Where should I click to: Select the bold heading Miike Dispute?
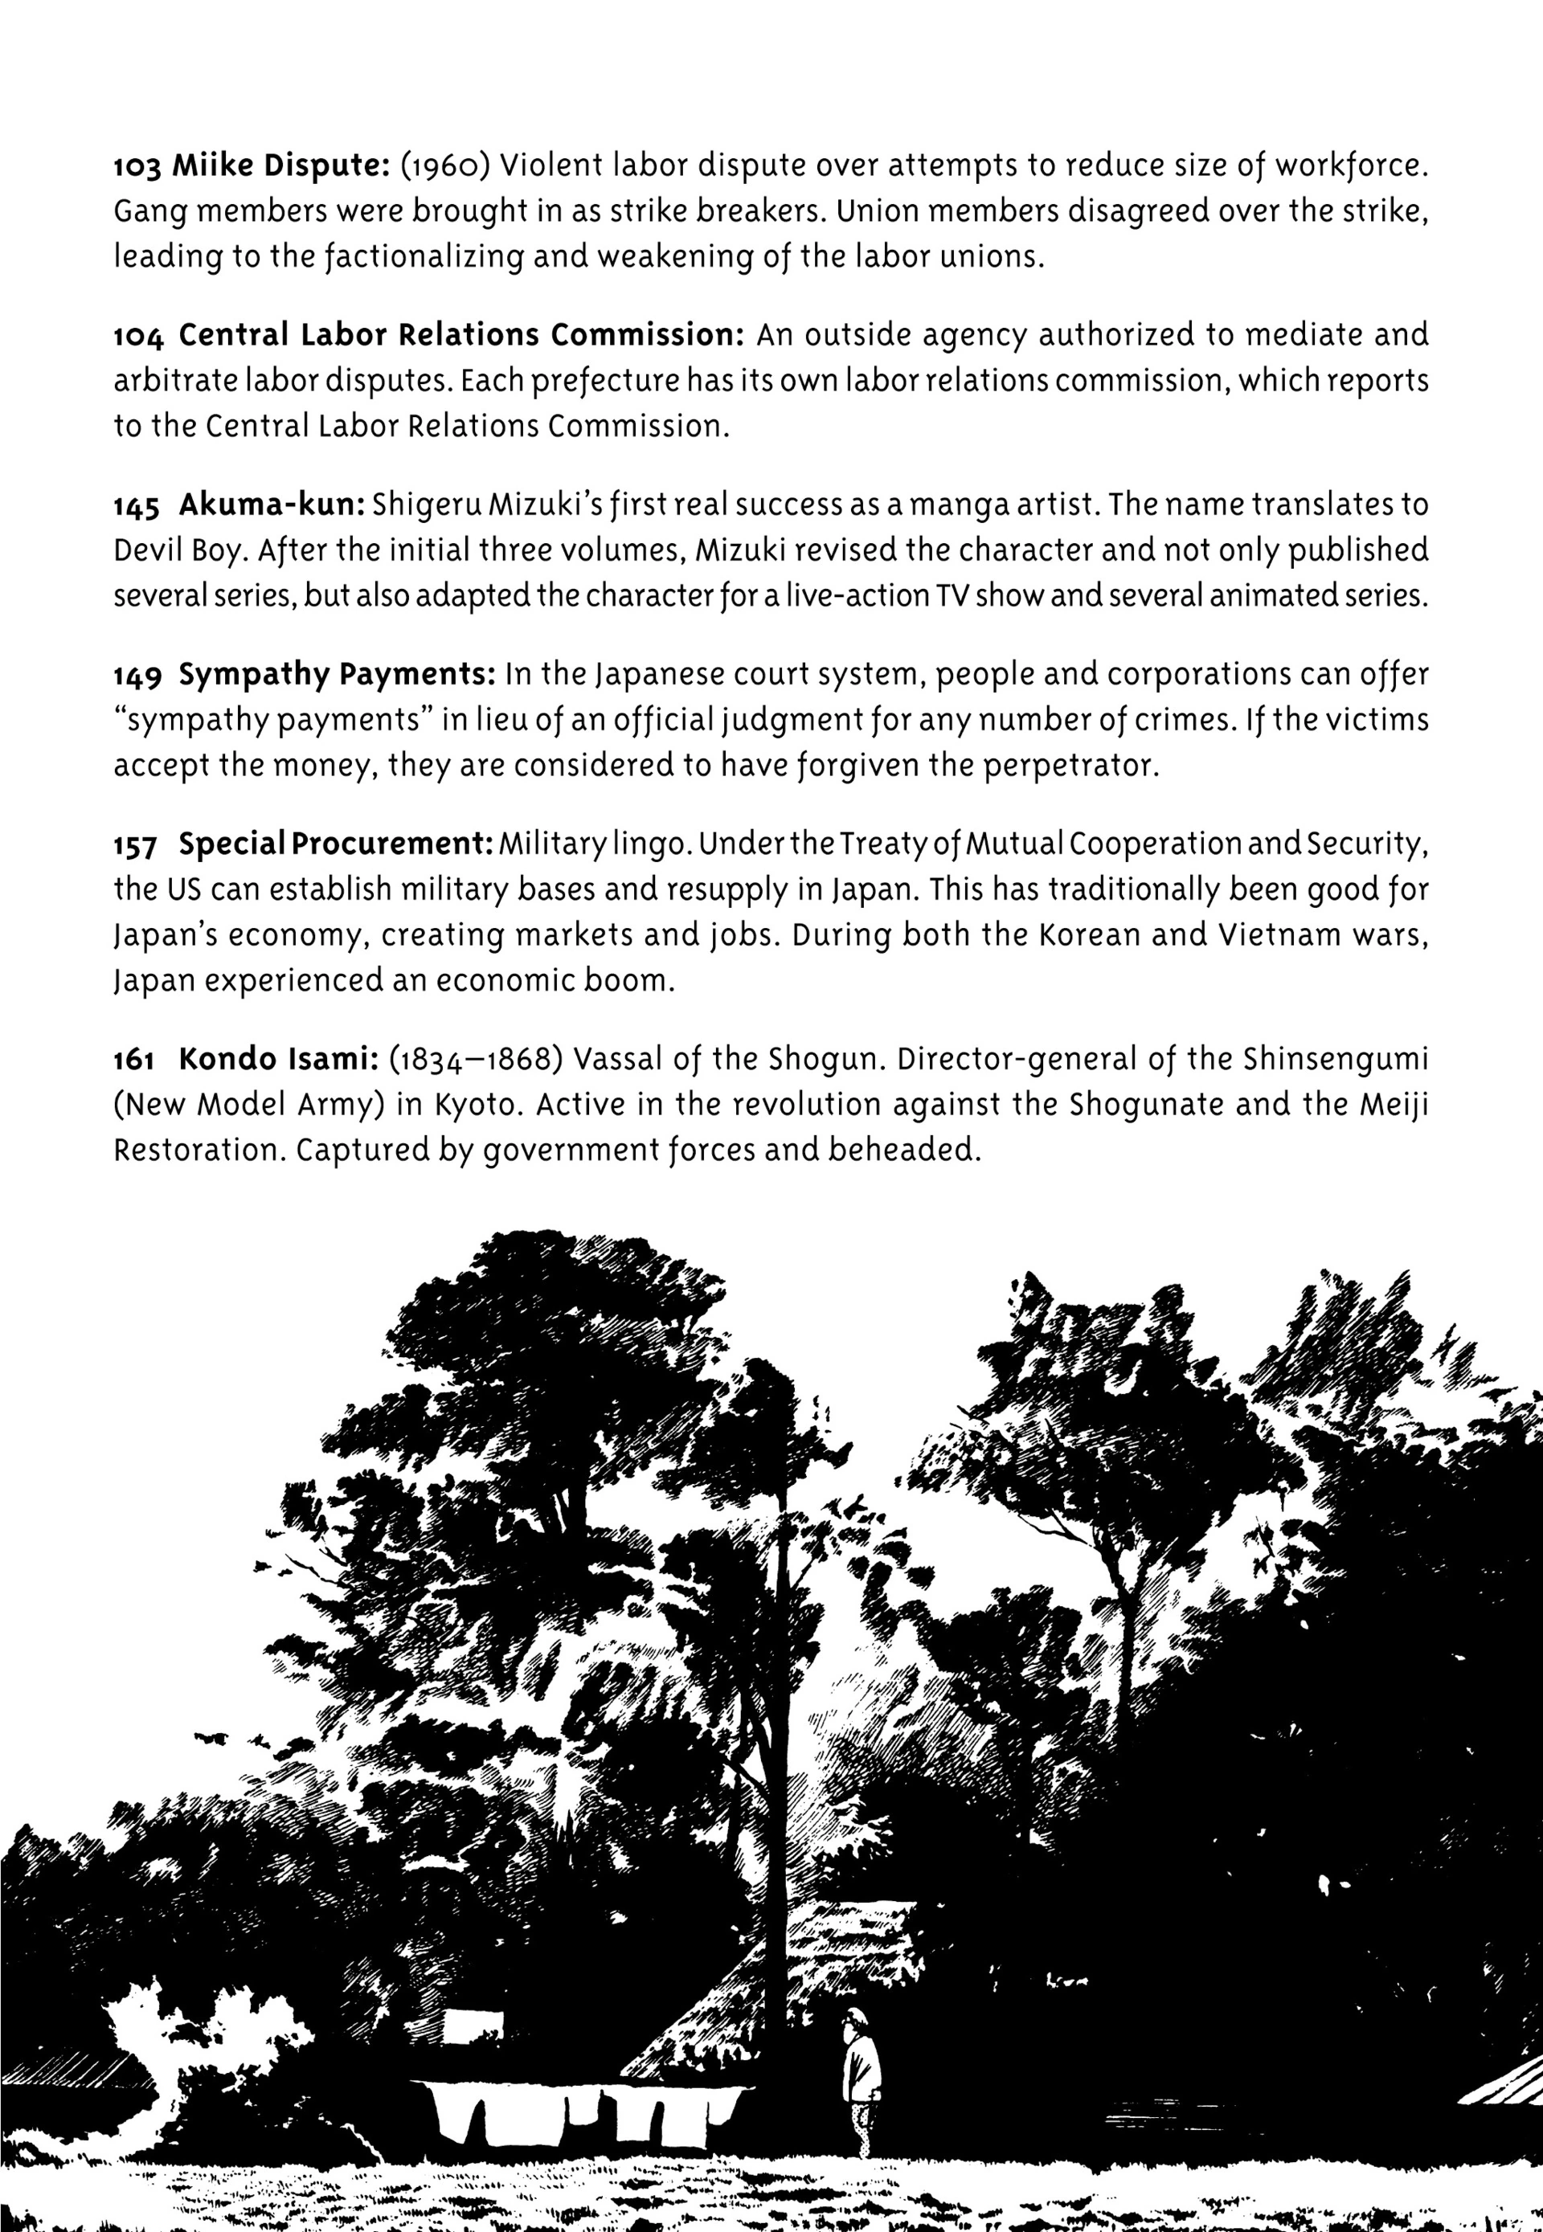coord(280,166)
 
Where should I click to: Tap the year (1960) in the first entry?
coord(444,166)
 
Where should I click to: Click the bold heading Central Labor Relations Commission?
coord(461,335)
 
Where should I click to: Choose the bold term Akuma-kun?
coord(272,505)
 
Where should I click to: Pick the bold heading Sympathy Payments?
coord(338,675)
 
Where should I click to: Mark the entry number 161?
coord(134,1061)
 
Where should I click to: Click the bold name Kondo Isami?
coord(278,1060)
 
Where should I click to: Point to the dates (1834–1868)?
coord(476,1061)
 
